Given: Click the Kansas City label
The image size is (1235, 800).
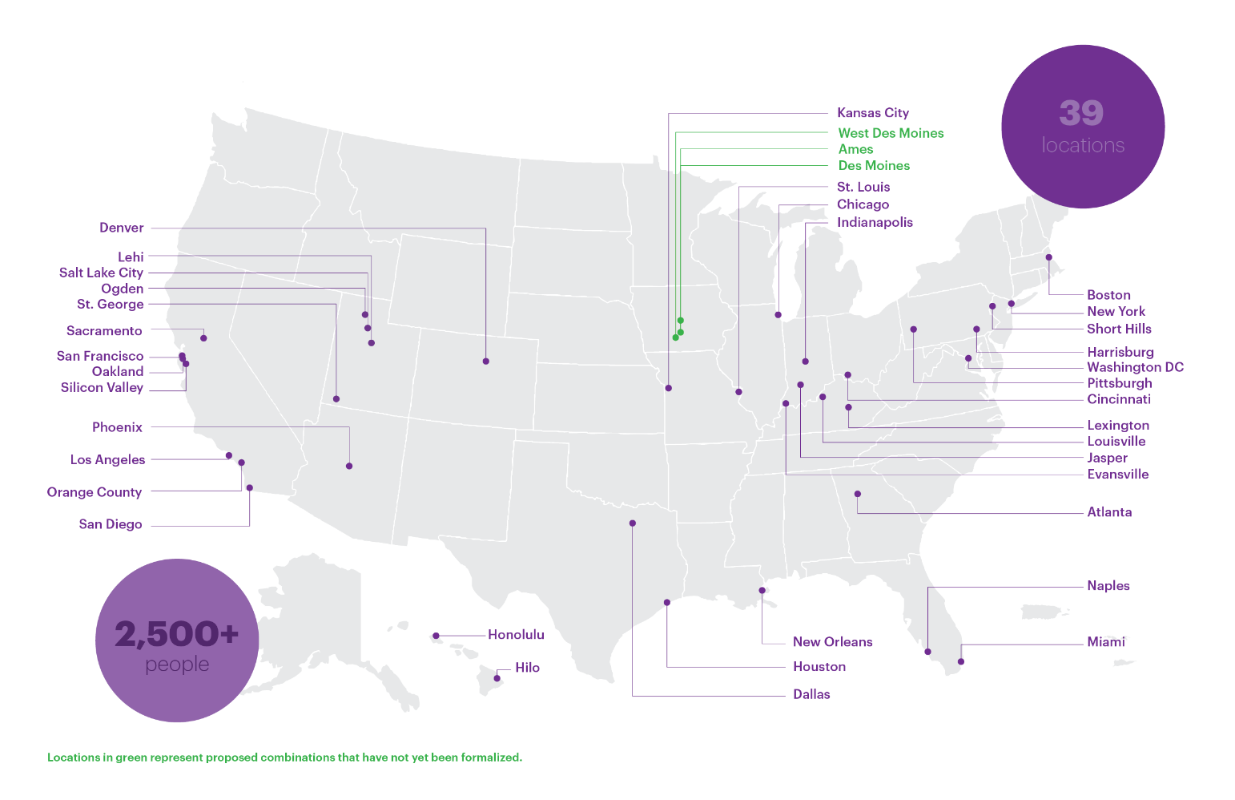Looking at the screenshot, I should (x=872, y=113).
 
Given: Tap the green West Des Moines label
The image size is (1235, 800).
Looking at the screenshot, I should (x=890, y=133).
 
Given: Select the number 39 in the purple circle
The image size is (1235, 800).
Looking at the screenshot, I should (x=1081, y=113).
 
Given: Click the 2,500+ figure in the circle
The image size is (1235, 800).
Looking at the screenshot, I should (x=176, y=634).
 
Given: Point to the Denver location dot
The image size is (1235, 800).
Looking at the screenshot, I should (x=486, y=362).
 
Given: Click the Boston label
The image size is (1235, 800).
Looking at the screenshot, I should (x=1108, y=295).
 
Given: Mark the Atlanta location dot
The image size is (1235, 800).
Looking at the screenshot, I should (x=858, y=494).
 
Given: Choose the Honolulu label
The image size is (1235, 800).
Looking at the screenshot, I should (x=516, y=635).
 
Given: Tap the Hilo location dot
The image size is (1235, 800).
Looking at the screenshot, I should (x=497, y=679).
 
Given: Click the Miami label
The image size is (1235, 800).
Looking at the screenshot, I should (x=1105, y=642).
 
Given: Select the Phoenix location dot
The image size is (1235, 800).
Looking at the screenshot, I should (x=349, y=466).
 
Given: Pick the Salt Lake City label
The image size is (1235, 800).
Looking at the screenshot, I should (x=101, y=273).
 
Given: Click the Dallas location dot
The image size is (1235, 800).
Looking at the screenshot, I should (x=633, y=523).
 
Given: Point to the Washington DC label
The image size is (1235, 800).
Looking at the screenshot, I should (x=1134, y=367).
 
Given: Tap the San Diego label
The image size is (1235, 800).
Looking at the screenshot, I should (x=111, y=524).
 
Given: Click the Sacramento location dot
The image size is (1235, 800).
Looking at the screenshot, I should (x=203, y=338).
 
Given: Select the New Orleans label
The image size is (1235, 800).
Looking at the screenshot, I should (x=832, y=642).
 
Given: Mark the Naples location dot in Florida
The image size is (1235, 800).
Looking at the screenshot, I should (x=928, y=652).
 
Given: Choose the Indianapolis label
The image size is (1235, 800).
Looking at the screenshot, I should (x=875, y=223).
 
